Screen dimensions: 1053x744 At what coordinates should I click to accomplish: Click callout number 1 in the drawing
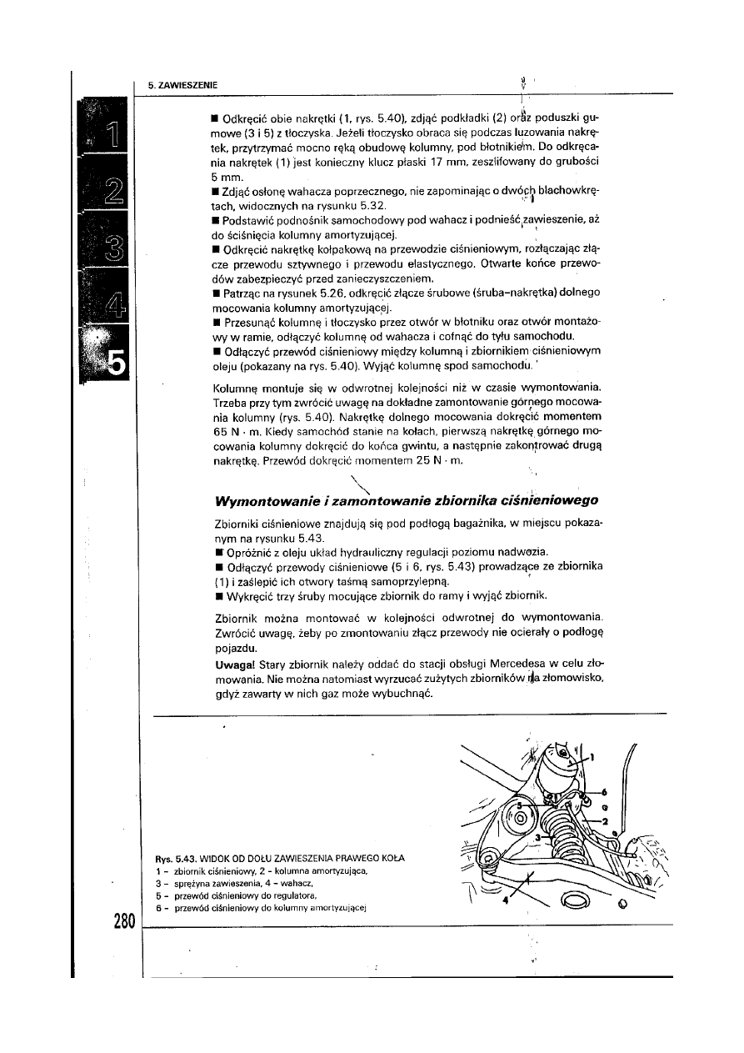coord(592,757)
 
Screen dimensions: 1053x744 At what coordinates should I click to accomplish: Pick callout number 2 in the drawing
coord(606,822)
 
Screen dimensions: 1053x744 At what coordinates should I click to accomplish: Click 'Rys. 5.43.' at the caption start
coord(173,859)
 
